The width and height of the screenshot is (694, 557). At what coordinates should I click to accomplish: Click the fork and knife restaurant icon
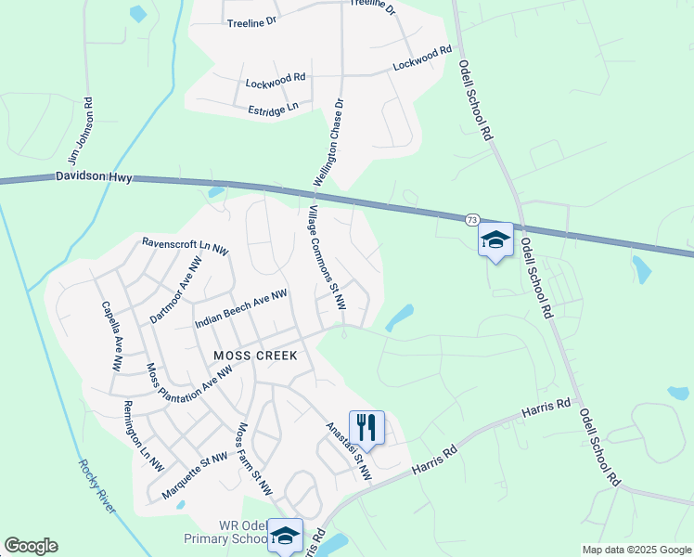coord(366,427)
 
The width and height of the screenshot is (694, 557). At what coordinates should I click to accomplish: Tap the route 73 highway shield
coord(472,220)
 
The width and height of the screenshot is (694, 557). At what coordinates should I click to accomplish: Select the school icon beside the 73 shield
coord(495,240)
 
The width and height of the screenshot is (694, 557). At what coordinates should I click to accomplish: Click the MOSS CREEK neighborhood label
coord(255,356)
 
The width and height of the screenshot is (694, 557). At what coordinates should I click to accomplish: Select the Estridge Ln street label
coord(273,109)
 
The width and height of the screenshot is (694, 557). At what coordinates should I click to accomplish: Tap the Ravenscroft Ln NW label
coord(185,246)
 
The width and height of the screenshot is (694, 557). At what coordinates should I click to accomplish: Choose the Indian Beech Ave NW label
coord(240,308)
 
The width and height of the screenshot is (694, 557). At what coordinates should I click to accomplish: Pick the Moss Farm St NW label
coord(254,459)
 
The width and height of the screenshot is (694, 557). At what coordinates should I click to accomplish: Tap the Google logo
coord(32,546)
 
